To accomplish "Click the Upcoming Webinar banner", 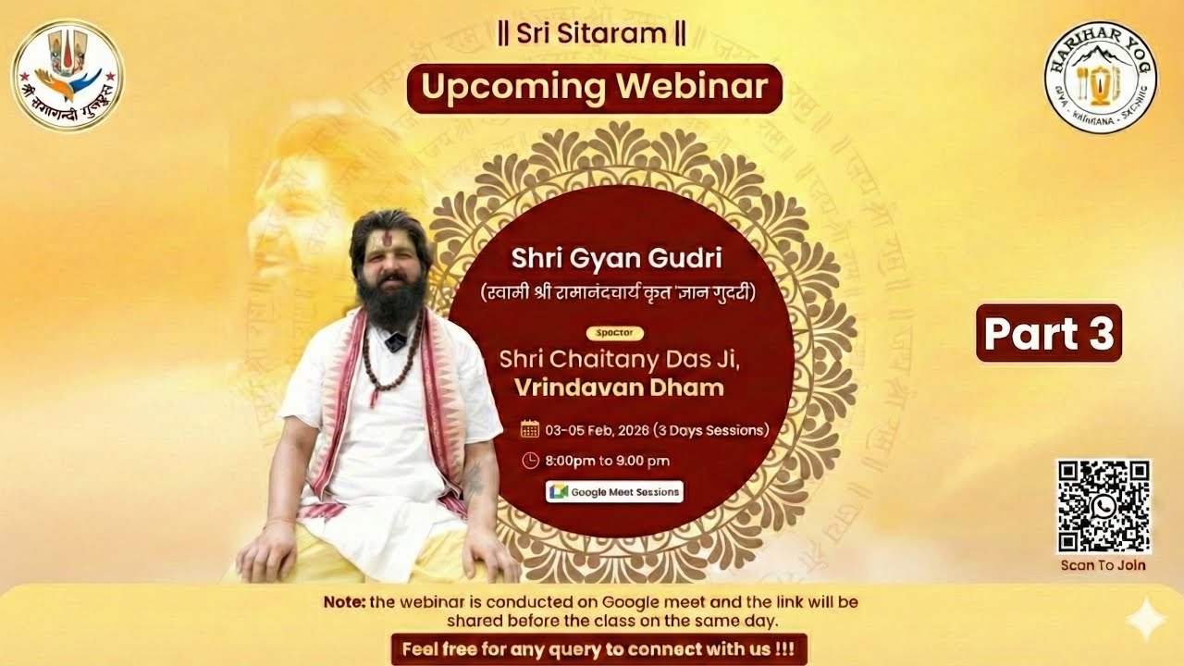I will coord(595,87).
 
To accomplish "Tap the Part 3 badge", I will coord(1049,333).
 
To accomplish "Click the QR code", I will coord(1104,506).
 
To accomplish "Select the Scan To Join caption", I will coord(1104,565).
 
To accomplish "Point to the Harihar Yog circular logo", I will coord(1101,78).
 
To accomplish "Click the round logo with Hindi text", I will coord(68,75).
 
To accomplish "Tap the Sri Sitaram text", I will coord(592,35).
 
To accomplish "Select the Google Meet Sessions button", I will coord(615,492).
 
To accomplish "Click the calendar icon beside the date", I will coord(530,429).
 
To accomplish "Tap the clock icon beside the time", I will coord(530,460).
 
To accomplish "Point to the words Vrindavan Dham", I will coord(611,387).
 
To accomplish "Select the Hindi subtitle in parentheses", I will coord(618,294).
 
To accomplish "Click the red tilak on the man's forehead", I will coord(384,242).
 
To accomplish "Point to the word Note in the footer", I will coord(344,601).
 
